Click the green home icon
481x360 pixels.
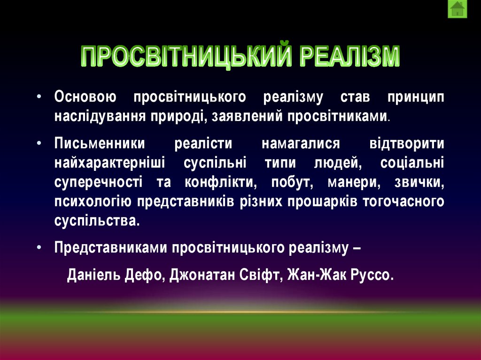click(457, 9)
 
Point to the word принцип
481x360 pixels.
click(416, 97)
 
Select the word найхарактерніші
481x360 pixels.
click(109, 163)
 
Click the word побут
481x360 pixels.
click(277, 182)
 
